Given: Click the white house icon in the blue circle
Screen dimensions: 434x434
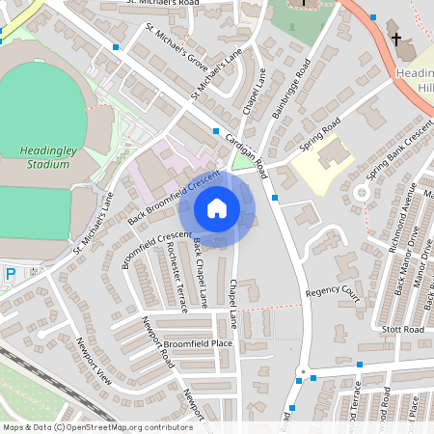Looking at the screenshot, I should pos(217,208).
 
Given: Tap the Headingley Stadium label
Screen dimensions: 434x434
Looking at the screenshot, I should pos(44,157).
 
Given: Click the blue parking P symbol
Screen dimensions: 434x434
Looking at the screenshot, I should pos(11,275).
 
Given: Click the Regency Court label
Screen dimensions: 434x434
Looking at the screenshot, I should pos(331,292).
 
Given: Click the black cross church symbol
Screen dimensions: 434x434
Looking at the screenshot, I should pos(395,40).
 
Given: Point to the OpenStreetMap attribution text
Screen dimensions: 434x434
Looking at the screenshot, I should pos(85,426).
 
